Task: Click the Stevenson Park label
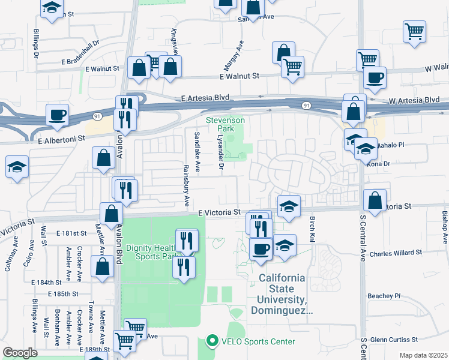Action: pyautogui.click(x=225, y=124)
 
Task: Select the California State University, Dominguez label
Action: pyautogui.click(x=282, y=295)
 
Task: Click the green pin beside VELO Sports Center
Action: pyautogui.click(x=211, y=341)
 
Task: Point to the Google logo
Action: pyautogui.click(x=20, y=353)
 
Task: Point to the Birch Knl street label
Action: pyautogui.click(x=312, y=229)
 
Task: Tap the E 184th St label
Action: pyautogui.click(x=49, y=282)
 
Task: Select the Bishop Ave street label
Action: pyautogui.click(x=444, y=227)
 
